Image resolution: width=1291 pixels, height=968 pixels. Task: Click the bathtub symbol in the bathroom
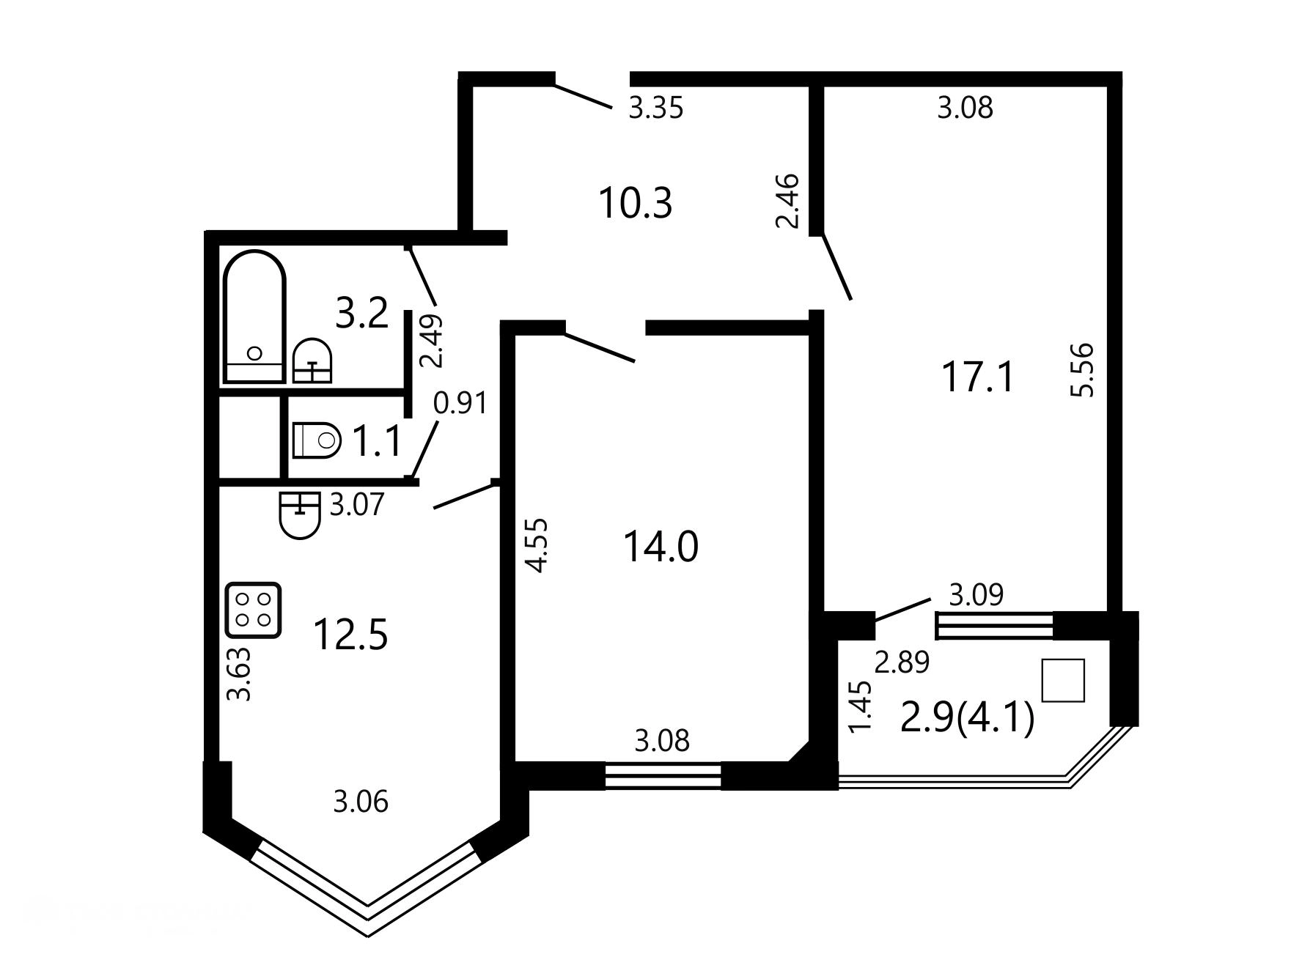254,317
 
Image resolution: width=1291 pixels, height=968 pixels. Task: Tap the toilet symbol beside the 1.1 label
317,440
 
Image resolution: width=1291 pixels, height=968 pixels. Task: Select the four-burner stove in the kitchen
254,610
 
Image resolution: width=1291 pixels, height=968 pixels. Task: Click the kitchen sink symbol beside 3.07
300,515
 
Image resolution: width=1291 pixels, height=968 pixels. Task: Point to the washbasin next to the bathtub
312,361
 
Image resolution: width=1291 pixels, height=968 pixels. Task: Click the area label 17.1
978,378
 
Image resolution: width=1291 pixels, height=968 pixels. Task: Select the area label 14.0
661,547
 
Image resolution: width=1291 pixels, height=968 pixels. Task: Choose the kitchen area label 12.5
350,635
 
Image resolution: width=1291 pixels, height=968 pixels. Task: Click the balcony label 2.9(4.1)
967,717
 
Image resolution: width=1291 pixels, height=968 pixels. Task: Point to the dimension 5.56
1082,370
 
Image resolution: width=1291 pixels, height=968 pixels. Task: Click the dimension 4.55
537,545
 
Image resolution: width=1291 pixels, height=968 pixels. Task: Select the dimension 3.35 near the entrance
656,108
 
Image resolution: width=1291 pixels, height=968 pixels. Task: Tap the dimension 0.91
460,403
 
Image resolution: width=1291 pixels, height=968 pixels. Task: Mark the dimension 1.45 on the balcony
860,706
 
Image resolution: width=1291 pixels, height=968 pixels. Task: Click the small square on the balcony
1063,681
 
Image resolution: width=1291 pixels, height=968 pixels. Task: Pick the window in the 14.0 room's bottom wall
663,776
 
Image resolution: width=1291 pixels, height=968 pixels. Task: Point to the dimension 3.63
240,674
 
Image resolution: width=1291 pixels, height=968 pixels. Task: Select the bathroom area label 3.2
361,313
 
